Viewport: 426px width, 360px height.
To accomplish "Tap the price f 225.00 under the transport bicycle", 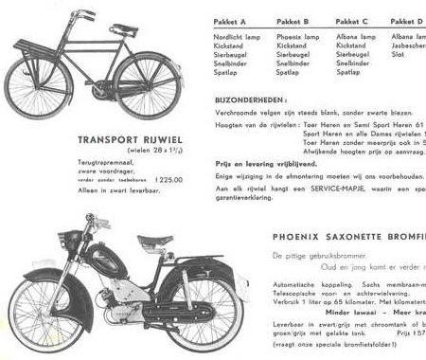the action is coord(164,178).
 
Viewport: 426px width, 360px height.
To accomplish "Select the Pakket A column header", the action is coord(230,21).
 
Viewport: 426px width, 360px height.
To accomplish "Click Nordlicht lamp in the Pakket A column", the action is coord(238,36).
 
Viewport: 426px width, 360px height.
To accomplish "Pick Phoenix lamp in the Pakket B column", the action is coord(296,36).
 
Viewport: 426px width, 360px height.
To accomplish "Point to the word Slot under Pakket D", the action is coord(398,54).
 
